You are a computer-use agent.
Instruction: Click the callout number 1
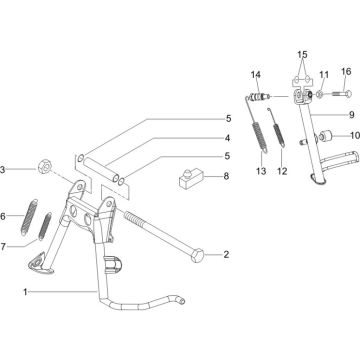tap(25, 292)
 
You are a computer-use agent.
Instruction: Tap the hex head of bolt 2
tap(198, 255)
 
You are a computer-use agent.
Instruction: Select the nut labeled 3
tap(44, 167)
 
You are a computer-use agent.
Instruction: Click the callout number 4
tap(227, 138)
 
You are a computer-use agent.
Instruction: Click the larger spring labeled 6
tap(29, 217)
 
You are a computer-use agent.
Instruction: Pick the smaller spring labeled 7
tap(44, 226)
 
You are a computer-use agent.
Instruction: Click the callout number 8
tap(226, 176)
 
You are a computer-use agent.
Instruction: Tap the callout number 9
tap(352, 115)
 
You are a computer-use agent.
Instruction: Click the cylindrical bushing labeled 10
tap(325, 136)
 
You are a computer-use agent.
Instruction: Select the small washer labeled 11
tap(319, 95)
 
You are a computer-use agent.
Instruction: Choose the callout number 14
tap(256, 75)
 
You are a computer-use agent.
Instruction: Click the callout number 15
tap(302, 54)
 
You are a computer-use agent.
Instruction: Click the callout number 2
tap(226, 255)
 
